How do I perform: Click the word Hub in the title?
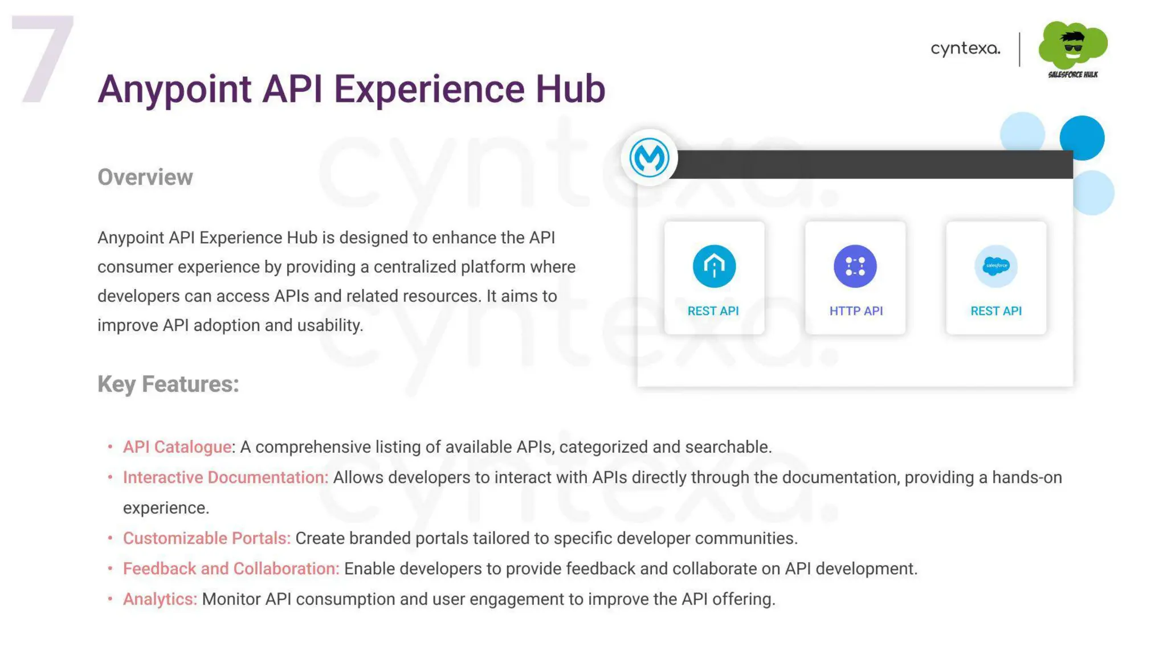pyautogui.click(x=569, y=89)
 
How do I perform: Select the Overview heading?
pyautogui.click(x=145, y=177)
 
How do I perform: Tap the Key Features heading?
pyautogui.click(x=168, y=384)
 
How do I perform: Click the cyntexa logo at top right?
pyautogui.click(x=965, y=49)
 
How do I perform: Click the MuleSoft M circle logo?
pyautogui.click(x=649, y=157)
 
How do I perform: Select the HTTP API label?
pyautogui.click(x=855, y=311)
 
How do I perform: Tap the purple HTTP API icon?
pyautogui.click(x=855, y=266)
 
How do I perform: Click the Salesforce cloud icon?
pyautogui.click(x=995, y=266)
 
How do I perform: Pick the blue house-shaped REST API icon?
pyautogui.click(x=714, y=266)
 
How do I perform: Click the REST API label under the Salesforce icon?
pyautogui.click(x=995, y=311)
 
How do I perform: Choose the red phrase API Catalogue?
pyautogui.click(x=177, y=447)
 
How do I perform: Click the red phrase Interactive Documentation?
pyautogui.click(x=226, y=477)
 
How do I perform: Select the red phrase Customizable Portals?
pyautogui.click(x=207, y=538)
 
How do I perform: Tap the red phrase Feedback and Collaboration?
pyautogui.click(x=231, y=568)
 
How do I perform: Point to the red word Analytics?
pyautogui.click(x=160, y=599)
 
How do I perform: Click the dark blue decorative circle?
pyautogui.click(x=1082, y=137)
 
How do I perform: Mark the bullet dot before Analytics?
pyautogui.click(x=110, y=599)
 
